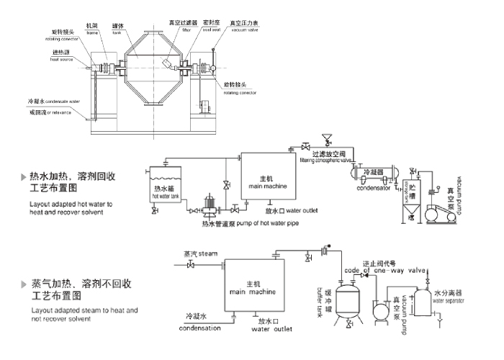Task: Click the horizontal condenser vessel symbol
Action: pyautogui.click(x=379, y=171)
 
